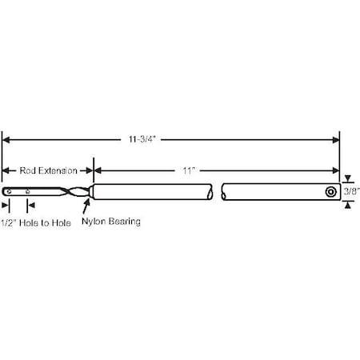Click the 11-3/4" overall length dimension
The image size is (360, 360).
(x=142, y=139)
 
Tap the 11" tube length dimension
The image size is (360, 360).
(x=189, y=170)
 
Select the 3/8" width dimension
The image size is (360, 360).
(x=351, y=191)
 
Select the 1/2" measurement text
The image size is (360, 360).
(x=9, y=223)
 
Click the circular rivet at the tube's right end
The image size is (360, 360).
(x=330, y=192)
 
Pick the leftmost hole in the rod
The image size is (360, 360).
(x=10, y=191)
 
